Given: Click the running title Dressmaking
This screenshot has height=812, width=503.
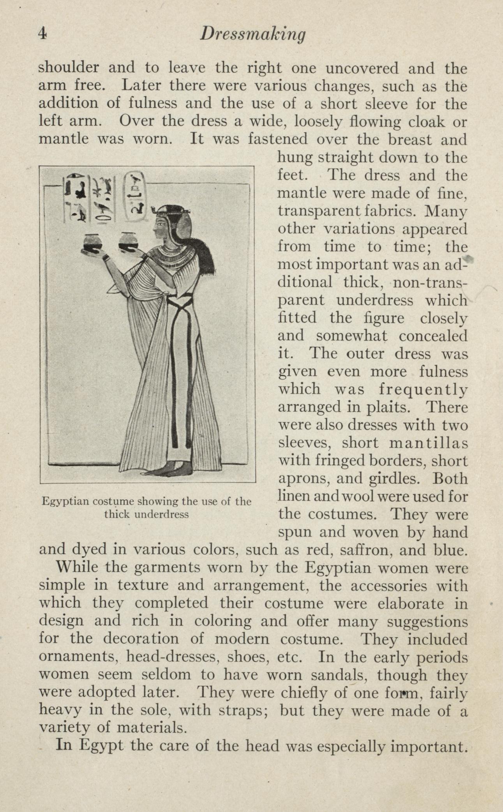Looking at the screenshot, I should [252, 35].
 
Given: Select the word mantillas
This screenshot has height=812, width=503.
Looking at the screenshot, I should [429, 443].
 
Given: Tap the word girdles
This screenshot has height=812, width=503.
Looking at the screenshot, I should [404, 478].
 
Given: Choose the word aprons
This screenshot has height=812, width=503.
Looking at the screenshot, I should [300, 479].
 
